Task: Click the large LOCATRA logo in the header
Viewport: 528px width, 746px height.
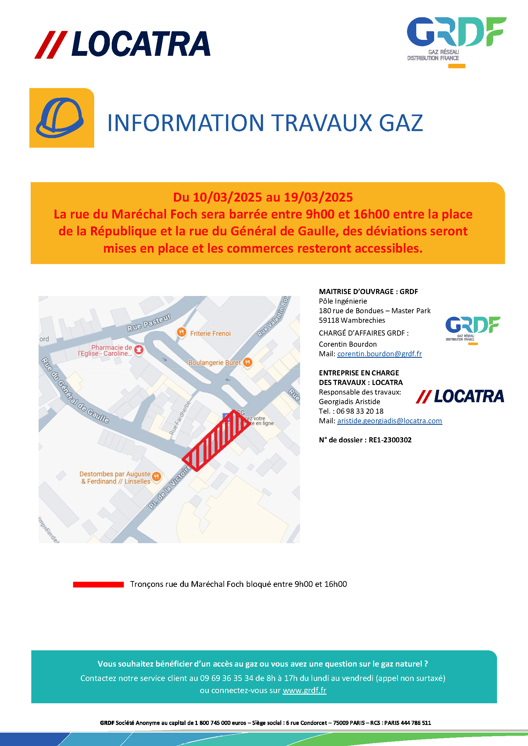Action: pyautogui.click(x=123, y=45)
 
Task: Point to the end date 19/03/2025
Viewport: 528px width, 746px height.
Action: pyautogui.click(x=318, y=197)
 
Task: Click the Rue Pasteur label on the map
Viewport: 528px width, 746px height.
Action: pyautogui.click(x=148, y=323)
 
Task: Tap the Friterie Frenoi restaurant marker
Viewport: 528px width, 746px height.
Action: pyautogui.click(x=181, y=332)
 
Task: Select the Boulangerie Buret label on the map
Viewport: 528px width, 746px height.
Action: pyautogui.click(x=214, y=362)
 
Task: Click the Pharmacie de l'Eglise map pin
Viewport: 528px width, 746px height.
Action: pyautogui.click(x=139, y=350)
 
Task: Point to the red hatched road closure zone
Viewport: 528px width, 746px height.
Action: pyautogui.click(x=216, y=440)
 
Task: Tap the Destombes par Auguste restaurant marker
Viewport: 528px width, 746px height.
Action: pyautogui.click(x=156, y=476)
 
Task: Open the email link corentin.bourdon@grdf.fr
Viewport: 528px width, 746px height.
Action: pyautogui.click(x=379, y=354)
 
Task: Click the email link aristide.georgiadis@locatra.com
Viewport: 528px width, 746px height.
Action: pyautogui.click(x=389, y=421)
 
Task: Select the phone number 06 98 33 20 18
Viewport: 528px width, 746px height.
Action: pyautogui.click(x=359, y=411)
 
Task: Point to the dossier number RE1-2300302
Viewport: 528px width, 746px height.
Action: pyautogui.click(x=390, y=440)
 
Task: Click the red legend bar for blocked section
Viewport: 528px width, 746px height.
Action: pyautogui.click(x=98, y=584)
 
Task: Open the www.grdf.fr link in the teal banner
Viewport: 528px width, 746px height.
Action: pyautogui.click(x=304, y=690)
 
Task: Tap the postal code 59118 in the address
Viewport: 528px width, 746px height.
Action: pyautogui.click(x=328, y=320)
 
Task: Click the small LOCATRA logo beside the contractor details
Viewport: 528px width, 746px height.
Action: pyautogui.click(x=460, y=396)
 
